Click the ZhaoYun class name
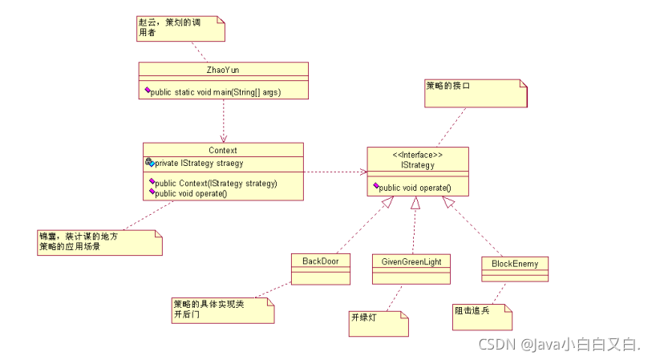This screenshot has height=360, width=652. [x=223, y=70]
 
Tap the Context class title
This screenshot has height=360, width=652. [x=222, y=150]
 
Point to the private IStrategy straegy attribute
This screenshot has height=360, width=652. [x=196, y=163]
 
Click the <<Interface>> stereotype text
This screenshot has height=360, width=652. [x=417, y=155]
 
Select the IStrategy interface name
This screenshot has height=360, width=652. [x=417, y=165]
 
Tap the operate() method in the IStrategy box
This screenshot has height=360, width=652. [x=414, y=188]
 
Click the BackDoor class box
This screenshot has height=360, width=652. [x=321, y=268]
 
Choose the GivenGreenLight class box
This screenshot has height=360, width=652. [x=411, y=268]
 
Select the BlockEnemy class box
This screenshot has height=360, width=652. [x=515, y=269]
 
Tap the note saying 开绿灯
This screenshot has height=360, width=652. [x=378, y=323]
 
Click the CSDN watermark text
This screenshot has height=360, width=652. [x=559, y=345]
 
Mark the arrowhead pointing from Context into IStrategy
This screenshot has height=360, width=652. [x=363, y=172]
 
